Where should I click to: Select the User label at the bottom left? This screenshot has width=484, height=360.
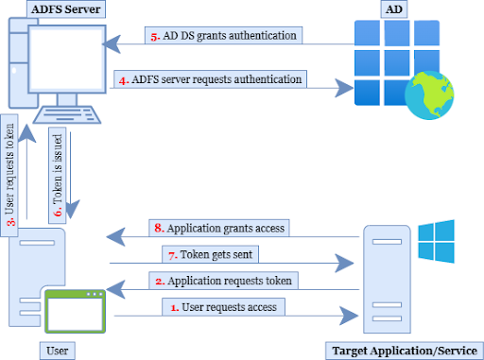point(56,351)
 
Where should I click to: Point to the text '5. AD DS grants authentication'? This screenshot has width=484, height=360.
point(225,36)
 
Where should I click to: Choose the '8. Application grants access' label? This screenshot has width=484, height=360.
point(218,228)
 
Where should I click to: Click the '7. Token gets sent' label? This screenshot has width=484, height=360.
point(215,254)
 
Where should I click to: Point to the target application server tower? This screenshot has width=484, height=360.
point(390,279)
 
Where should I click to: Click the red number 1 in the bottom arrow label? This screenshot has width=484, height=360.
point(173,306)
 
